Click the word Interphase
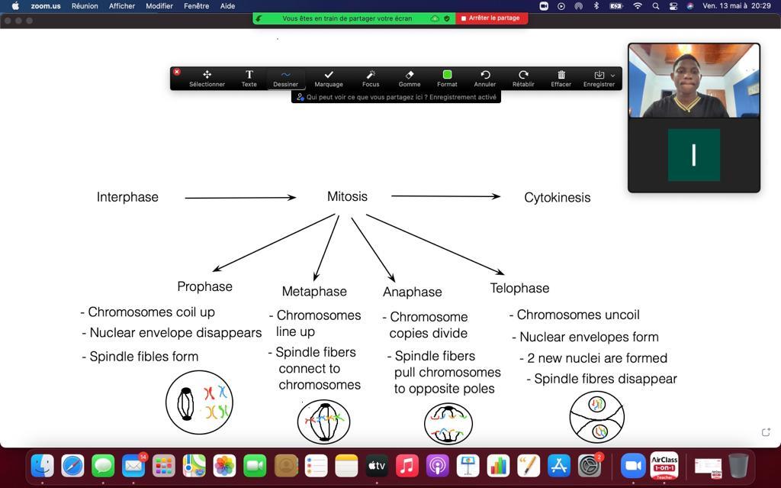[127, 197]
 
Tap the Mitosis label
[347, 196]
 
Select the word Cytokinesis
[557, 198]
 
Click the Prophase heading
[204, 286]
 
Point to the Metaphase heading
[314, 291]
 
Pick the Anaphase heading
[412, 292]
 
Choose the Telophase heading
[519, 288]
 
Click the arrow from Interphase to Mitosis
[239, 198]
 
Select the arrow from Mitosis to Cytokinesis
[445, 196]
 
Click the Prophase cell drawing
[199, 402]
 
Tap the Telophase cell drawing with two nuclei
[596, 417]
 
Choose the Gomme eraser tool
[410, 78]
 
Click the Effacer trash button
[561, 78]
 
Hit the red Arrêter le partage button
[491, 18]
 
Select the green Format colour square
[447, 75]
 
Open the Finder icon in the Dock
[42, 465]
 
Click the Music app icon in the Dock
[407, 465]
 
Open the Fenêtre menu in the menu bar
[196, 6]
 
